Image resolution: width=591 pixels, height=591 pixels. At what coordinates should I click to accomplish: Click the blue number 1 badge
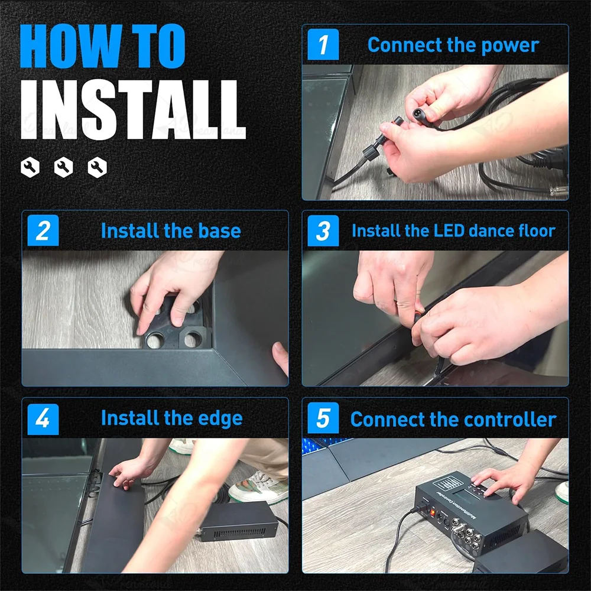pos(323,44)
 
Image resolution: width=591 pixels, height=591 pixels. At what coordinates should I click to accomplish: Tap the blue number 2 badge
pos(43,230)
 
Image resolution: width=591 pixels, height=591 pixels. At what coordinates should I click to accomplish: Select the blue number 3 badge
pos(323,230)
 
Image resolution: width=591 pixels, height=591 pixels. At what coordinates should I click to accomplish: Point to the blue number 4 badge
pos(43,419)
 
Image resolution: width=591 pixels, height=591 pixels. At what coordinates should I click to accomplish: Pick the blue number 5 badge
pos(323,418)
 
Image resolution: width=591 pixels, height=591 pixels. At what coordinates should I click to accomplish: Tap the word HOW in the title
pos(71,46)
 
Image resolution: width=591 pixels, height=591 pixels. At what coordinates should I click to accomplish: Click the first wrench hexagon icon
pos(30,167)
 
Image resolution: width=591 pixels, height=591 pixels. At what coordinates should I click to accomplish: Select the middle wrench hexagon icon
pos(63,167)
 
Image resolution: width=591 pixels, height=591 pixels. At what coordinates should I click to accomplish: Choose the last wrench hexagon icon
pos(98,167)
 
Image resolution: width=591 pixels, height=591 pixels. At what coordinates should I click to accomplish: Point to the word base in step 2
pos(219,230)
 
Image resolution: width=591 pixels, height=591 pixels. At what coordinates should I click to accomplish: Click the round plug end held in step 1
pos(417,113)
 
